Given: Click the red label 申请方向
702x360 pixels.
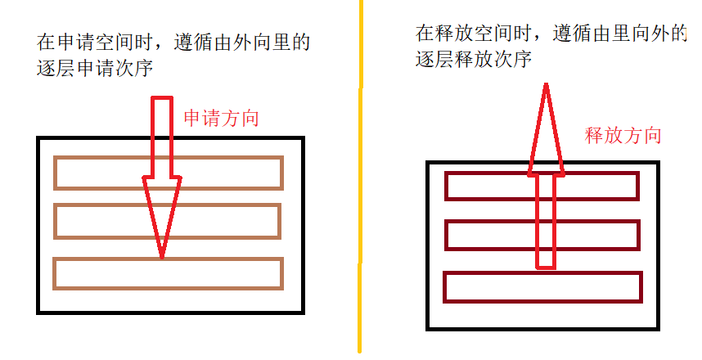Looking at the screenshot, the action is tap(221, 118).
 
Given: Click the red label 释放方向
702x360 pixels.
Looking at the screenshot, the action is tap(623, 136).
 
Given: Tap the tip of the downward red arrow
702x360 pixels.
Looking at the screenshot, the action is tap(161, 257).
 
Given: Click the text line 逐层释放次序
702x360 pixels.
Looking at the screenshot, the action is tap(475, 59).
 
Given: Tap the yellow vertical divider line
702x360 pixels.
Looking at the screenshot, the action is tap(359, 180).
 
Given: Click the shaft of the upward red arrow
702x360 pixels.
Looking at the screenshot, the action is tap(546, 221).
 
